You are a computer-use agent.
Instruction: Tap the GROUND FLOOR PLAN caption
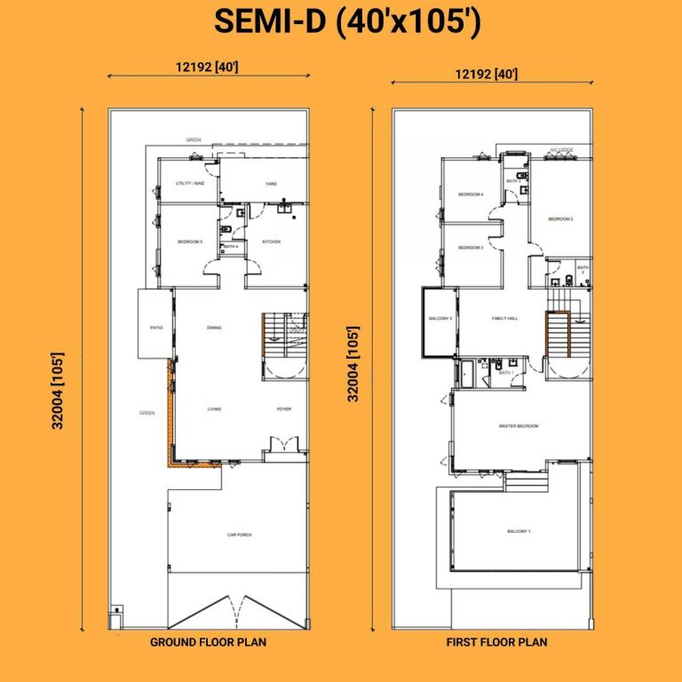[208, 641]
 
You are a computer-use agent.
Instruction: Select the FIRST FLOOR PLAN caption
[496, 641]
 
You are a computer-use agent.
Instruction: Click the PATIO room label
[155, 328]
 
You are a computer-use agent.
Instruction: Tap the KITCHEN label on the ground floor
[271, 242]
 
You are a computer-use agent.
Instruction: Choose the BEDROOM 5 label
[190, 242]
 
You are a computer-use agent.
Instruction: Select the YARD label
[271, 184]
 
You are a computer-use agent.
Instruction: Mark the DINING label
[214, 328]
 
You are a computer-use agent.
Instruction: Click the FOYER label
[283, 409]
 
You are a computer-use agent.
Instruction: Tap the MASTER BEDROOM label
[519, 426]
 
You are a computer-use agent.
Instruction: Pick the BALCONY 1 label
[519, 531]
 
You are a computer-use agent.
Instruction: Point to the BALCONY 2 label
[441, 318]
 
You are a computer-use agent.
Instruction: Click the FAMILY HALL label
[504, 318]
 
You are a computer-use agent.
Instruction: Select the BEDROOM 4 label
[470, 194]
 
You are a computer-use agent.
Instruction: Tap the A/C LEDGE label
[560, 151]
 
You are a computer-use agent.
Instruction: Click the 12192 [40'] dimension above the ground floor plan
[209, 66]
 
